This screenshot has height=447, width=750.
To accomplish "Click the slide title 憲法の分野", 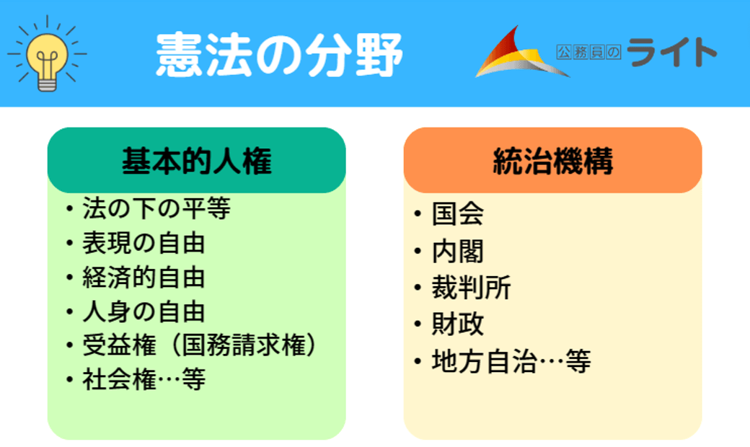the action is coord(280,55).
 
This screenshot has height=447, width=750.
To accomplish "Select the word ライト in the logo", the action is coord(671,52).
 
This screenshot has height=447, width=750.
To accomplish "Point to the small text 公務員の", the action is coord(588,52).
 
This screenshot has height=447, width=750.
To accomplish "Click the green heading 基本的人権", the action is coord(197,161).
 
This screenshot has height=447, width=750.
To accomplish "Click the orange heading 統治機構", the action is coord(552,161).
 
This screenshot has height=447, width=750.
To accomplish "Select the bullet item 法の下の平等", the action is coord(156,208).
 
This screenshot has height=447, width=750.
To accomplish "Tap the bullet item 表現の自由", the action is coord(144,243).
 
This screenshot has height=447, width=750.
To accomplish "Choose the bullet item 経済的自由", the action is coord(144,278).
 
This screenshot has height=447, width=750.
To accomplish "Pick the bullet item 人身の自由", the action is coord(144,311).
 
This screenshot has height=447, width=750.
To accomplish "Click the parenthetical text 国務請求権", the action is coord(244,345).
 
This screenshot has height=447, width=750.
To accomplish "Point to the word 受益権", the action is coord(120,345).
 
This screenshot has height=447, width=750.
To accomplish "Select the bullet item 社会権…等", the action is coord(144,380).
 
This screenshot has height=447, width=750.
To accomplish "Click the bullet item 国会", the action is coord(458,213).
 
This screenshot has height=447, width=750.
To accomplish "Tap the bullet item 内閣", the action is coord(458,251).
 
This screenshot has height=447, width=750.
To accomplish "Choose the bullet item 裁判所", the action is coord(471,288).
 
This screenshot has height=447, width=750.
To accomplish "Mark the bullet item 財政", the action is coord(458,324).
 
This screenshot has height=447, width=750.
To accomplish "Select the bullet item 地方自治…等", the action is coord(511,361).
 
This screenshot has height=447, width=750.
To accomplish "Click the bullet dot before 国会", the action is coord(418,213).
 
